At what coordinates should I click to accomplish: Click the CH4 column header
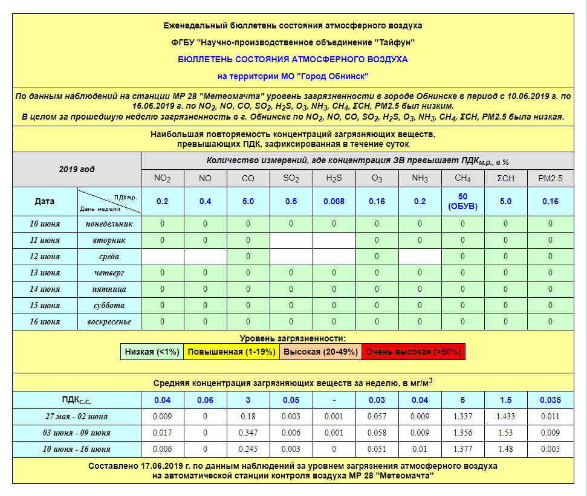tap(463, 178)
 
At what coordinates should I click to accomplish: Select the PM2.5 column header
tap(550, 178)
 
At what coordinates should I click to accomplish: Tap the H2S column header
tap(334, 178)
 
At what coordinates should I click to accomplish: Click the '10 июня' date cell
tap(45, 224)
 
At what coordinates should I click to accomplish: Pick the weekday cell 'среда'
tap(109, 256)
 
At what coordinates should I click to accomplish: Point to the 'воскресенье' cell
tap(109, 321)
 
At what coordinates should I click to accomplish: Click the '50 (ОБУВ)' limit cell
tap(463, 201)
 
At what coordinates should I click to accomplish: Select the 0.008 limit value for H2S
tap(334, 201)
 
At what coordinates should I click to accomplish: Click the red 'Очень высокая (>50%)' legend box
tap(413, 352)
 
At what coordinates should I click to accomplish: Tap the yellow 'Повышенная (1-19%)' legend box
tap(230, 352)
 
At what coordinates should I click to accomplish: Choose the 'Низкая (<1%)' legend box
tap(152, 352)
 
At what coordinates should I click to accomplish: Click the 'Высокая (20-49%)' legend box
tap(320, 352)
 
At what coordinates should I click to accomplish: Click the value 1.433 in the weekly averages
tap(506, 416)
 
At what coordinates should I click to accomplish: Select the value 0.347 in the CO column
tap(248, 433)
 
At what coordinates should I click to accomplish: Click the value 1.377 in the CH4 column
tap(463, 449)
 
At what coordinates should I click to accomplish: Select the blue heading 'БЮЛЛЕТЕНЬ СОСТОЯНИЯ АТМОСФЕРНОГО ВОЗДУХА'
tap(293, 59)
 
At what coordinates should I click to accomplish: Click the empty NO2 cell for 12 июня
tap(163, 256)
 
